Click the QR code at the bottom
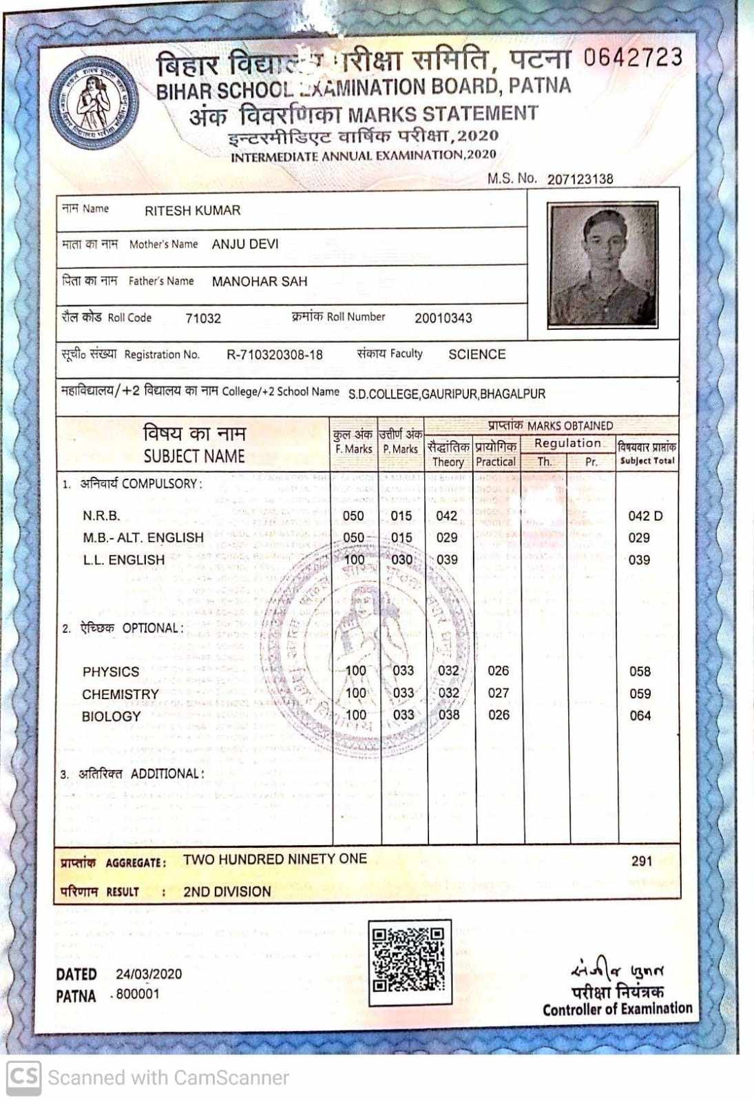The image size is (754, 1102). click(x=409, y=960)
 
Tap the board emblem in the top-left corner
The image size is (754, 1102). click(x=94, y=103)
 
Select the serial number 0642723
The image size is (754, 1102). click(x=632, y=58)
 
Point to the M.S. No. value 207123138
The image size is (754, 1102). click(x=580, y=179)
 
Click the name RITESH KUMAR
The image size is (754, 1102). click(x=192, y=211)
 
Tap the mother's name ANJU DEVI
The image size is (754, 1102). click(x=245, y=245)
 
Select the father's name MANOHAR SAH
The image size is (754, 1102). click(x=260, y=282)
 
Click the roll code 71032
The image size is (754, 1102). click(x=203, y=318)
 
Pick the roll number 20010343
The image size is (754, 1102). click(x=443, y=318)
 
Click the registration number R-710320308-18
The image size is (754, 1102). click(x=274, y=355)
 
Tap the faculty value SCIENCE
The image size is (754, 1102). click(x=477, y=355)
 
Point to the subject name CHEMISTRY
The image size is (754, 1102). click(x=121, y=694)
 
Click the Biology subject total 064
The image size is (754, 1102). click(x=640, y=716)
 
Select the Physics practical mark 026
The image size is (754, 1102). click(x=498, y=671)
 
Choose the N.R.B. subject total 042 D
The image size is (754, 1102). click(x=645, y=516)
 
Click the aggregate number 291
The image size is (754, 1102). click(x=641, y=861)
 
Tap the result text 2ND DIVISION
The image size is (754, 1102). click(x=227, y=892)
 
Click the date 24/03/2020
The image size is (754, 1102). click(x=149, y=974)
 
